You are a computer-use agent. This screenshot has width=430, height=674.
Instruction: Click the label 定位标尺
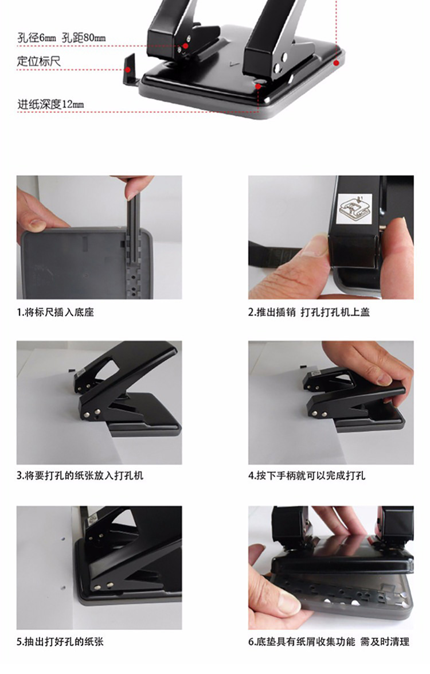pyautogui.click(x=38, y=61)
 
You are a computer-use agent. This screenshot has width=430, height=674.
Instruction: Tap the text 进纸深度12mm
pyautogui.click(x=50, y=104)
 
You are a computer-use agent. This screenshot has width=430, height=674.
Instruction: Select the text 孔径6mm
pyautogui.click(x=37, y=38)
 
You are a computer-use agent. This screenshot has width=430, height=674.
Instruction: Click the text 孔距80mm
pyautogui.click(x=84, y=38)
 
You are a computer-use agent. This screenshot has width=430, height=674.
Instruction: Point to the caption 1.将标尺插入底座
pyautogui.click(x=56, y=313)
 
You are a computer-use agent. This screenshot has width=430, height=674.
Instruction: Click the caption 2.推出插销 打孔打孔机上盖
pyautogui.click(x=309, y=313)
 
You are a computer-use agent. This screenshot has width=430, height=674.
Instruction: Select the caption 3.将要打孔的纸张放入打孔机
pyautogui.click(x=80, y=476)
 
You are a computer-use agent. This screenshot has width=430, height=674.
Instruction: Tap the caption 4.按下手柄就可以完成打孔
pyautogui.click(x=307, y=476)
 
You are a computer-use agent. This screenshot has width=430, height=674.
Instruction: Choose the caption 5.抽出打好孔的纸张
pyautogui.click(x=61, y=642)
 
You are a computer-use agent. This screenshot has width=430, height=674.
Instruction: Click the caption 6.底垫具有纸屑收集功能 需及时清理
pyautogui.click(x=329, y=642)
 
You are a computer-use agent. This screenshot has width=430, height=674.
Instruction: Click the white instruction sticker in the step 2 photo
pyautogui.click(x=354, y=209)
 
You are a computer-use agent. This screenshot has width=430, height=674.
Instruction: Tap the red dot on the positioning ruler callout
pyautogui.click(x=128, y=69)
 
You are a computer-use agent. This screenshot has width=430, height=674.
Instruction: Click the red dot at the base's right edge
pyautogui.click(x=337, y=63)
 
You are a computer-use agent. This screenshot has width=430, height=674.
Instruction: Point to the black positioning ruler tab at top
pyautogui.click(x=130, y=69)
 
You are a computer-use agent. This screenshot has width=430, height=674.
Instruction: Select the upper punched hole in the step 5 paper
pyautogui.click(x=63, y=537)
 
